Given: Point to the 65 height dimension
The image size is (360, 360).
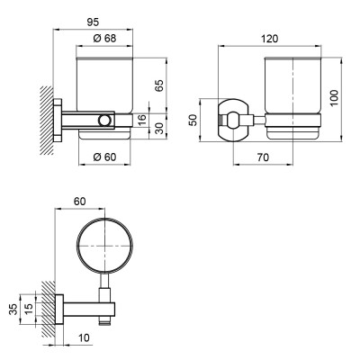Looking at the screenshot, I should pos(158,85).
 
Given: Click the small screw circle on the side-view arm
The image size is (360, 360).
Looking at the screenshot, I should pos(105,120).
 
